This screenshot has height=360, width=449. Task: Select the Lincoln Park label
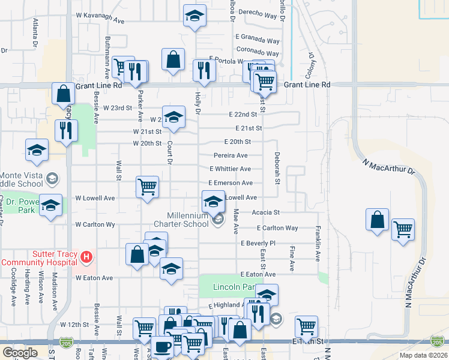pyautogui.click(x=235, y=288)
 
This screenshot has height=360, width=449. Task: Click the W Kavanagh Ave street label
pyautogui.click(x=100, y=20)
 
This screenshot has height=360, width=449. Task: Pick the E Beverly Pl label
pyautogui.click(x=258, y=244)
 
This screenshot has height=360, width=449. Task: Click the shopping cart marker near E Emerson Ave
pyautogui.click(x=147, y=187)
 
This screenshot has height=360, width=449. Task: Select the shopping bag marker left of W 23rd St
pyautogui.click(x=63, y=93)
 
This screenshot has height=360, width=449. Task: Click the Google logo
pyautogui.click(x=20, y=353)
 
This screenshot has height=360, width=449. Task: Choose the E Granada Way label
pyautogui.click(x=258, y=41)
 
